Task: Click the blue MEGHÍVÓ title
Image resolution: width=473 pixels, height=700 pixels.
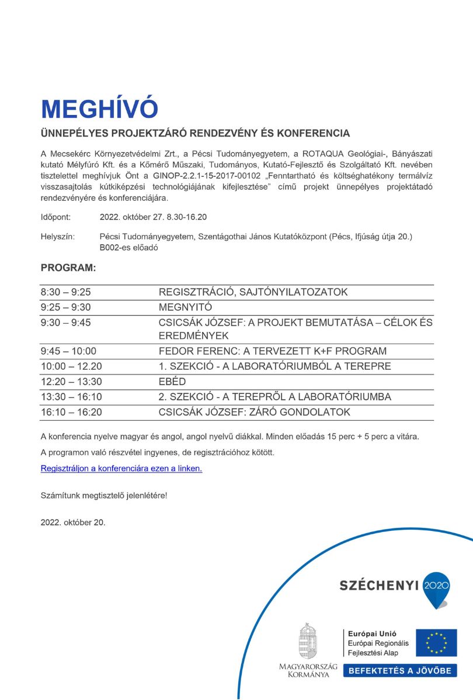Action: point(99,109)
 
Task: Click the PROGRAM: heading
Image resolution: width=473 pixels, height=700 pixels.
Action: point(68,268)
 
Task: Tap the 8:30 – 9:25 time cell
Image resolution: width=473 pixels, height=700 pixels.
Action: point(66,292)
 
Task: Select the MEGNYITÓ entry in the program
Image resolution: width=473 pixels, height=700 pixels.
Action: point(185,307)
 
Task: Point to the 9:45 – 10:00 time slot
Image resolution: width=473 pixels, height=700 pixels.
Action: point(68,351)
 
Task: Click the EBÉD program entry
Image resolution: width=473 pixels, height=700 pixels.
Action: point(172,381)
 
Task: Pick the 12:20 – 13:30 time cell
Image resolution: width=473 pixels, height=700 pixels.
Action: point(71,381)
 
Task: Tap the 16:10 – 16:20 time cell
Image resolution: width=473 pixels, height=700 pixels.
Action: point(71,412)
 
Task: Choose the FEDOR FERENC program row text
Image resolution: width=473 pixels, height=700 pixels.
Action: point(273,351)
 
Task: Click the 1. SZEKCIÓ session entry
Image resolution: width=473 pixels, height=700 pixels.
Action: point(274,366)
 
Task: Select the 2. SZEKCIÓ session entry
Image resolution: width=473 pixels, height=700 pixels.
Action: point(274,397)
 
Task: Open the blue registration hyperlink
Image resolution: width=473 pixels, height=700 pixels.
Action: point(121,468)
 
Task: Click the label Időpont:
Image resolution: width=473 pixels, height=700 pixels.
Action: point(55,217)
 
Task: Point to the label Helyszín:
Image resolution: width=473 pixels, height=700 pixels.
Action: point(57,237)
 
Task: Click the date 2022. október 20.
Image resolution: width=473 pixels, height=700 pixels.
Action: point(73,522)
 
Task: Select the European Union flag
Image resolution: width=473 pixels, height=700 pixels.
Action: point(436,643)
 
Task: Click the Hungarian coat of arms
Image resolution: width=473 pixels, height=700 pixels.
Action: point(308,641)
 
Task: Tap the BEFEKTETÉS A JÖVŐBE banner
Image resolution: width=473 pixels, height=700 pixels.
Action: point(400,671)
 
